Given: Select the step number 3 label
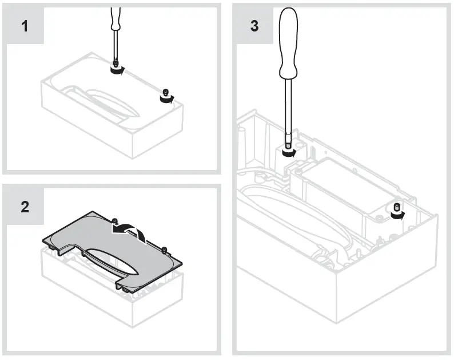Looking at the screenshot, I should [x=254, y=27].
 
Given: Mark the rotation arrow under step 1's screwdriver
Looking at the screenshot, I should [x=117, y=70].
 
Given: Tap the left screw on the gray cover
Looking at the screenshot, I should [x=115, y=221].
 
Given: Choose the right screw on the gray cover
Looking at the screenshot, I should [x=164, y=249].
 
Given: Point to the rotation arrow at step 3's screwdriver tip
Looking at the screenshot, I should [x=290, y=153].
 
